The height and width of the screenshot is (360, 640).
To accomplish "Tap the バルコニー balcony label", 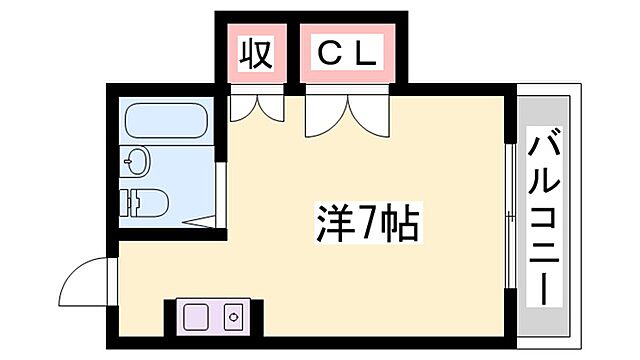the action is pyautogui.click(x=544, y=220).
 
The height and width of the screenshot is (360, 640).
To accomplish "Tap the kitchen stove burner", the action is pyautogui.click(x=234, y=318).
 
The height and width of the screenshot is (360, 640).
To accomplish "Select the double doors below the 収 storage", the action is pyautogui.click(x=258, y=106).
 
